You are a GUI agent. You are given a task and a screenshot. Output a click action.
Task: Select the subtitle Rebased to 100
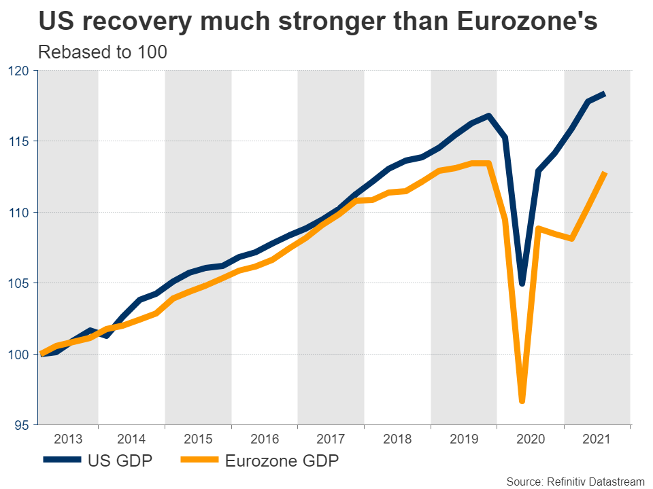(103, 52)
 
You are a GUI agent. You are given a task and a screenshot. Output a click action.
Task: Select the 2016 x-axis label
(265, 439)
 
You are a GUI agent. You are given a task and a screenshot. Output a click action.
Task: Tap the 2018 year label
(398, 439)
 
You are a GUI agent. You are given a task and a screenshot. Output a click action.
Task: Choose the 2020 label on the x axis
(531, 439)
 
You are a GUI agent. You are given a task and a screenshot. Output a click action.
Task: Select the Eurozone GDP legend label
(282, 461)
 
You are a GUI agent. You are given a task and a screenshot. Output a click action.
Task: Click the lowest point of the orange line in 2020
(522, 401)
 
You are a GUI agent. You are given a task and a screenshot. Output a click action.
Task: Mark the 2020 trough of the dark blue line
(522, 283)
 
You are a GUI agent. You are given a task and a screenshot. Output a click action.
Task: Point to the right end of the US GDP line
(605, 94)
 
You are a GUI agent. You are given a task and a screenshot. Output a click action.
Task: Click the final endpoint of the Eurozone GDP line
(605, 174)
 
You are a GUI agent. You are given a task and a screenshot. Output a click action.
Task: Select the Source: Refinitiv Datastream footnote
(575, 481)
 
